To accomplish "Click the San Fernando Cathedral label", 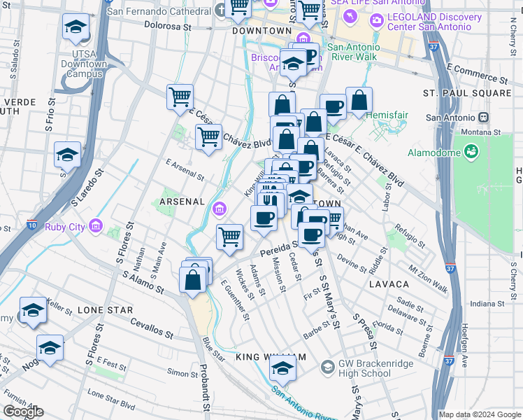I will pos(158,12).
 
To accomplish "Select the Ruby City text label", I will pos(65,227).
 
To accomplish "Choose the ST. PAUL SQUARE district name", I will pos(467,93).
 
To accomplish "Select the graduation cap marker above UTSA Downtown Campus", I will pos(75,28).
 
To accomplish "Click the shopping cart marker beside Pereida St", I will pos(229,237).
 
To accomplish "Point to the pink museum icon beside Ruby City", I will pos(95,226).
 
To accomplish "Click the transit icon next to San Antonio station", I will pos(482,118).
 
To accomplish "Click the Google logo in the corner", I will pos(23,412).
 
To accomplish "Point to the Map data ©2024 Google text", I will pos(479,414).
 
